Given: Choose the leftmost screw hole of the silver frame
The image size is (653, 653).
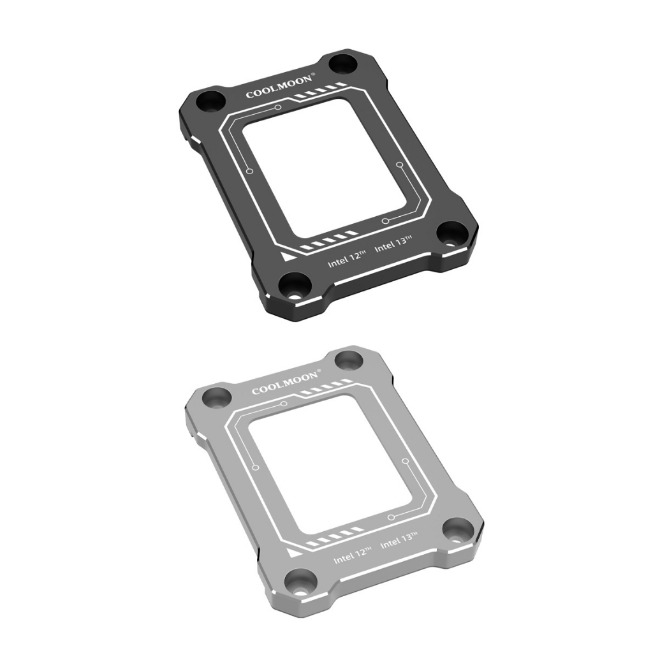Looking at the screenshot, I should [217, 397].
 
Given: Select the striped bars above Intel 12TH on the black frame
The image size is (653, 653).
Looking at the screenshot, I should [319, 244].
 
